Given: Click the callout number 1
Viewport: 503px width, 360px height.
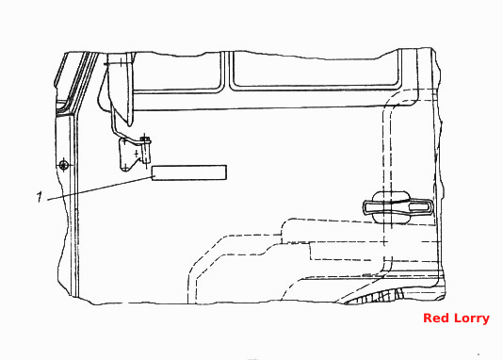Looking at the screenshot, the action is (x=40, y=197).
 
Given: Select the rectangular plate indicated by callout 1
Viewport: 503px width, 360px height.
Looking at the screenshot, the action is (x=189, y=172).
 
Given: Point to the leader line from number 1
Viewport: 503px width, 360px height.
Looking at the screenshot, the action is (x=101, y=188).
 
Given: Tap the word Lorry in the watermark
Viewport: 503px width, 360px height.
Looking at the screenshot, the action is (x=471, y=319).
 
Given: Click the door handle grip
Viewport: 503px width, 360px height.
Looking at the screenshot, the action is (x=398, y=206).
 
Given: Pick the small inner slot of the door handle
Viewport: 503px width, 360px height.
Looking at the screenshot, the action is (x=419, y=206).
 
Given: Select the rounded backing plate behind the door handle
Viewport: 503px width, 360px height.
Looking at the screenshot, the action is (x=392, y=206).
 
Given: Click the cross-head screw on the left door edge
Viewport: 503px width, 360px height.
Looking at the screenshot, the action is (x=64, y=165).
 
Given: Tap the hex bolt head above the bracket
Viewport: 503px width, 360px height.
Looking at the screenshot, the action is (x=146, y=139).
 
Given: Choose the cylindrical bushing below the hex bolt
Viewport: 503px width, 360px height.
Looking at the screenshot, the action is (x=146, y=153).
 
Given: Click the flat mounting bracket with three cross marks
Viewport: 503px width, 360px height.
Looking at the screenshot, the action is (x=129, y=155).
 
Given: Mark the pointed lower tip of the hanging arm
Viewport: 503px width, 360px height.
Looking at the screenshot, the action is (x=130, y=124).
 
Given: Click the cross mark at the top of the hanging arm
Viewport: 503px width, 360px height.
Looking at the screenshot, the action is (x=121, y=62).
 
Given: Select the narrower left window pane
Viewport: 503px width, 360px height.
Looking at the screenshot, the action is (x=176, y=74).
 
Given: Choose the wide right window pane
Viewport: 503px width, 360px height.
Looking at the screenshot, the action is (x=316, y=72).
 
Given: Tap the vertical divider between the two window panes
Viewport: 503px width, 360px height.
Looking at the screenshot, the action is (x=226, y=72).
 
